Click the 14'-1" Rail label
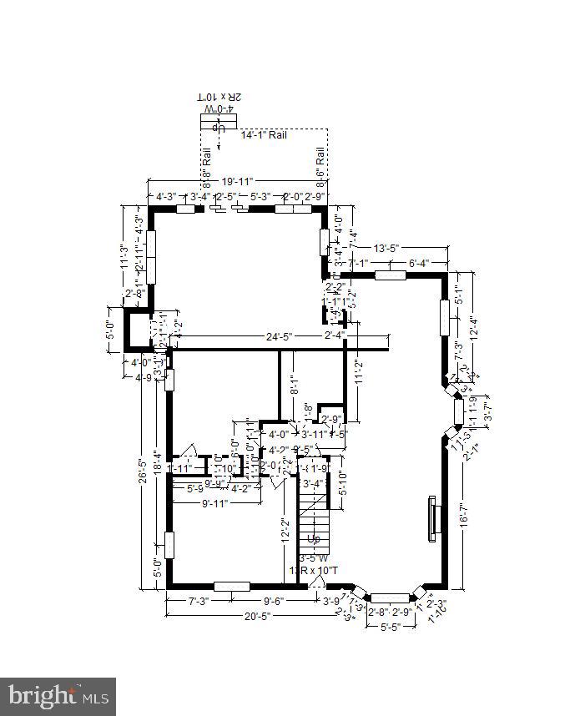click(264, 134)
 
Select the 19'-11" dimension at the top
click(237, 180)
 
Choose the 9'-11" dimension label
click(214, 503)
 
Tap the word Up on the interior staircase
click(313, 538)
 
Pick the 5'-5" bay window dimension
click(391, 626)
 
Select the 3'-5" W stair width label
click(314, 558)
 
